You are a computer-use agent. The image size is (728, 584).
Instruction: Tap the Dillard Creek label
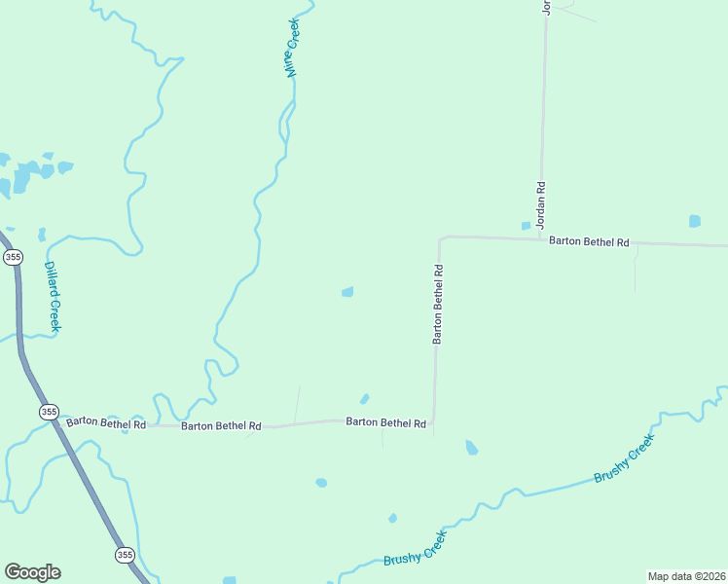coord(54,297)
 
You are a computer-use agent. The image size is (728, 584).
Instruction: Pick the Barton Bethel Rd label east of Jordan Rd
coord(589,240)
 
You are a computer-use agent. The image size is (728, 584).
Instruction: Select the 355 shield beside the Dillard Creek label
coord(13,257)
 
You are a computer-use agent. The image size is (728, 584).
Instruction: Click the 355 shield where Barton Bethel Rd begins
coord(49,413)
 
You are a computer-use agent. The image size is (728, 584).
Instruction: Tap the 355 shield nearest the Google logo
coord(125,554)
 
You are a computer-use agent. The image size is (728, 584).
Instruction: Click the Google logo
coord(32,572)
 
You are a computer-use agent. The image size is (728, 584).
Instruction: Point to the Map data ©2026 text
coord(686,576)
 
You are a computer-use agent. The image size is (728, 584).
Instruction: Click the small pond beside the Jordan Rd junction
coord(526,226)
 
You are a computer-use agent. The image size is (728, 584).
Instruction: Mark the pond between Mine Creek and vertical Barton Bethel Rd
coord(347,291)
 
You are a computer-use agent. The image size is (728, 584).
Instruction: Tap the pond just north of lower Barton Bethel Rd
coord(364,398)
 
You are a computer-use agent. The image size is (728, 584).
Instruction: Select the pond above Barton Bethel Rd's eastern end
coord(694,221)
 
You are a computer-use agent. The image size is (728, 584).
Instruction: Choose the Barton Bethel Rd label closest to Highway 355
coord(106,422)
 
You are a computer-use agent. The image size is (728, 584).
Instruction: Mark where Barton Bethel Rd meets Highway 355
coord(56,421)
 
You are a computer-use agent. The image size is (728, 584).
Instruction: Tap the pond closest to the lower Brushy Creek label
coord(392,518)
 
